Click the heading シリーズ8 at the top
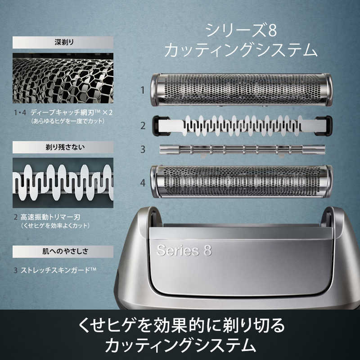(x=241, y=31)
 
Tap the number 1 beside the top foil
(x=143, y=90)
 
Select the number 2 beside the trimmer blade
(x=143, y=126)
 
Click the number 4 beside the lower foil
(x=143, y=182)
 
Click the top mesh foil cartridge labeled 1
(x=241, y=90)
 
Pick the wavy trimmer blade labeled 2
(x=241, y=125)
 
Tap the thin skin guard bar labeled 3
(x=241, y=149)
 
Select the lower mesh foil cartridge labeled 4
(x=241, y=181)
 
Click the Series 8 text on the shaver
(x=184, y=250)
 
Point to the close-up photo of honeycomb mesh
(x=63, y=78)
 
